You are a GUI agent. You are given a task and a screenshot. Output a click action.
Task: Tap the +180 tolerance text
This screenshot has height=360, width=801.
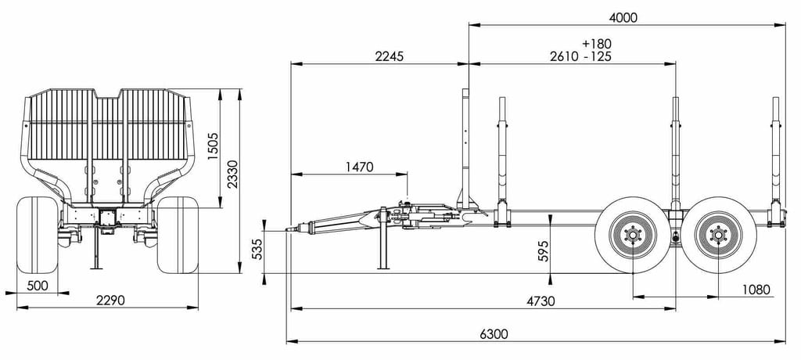(x=597, y=43)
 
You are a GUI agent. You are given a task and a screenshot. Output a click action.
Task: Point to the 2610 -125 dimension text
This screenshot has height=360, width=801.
(x=580, y=56)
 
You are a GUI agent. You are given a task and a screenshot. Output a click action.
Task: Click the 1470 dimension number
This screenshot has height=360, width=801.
(x=358, y=167)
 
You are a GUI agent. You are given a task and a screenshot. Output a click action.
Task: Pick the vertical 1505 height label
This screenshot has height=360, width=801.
(x=213, y=146)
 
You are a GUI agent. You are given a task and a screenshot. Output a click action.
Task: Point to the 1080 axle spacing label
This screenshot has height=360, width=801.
(x=755, y=290)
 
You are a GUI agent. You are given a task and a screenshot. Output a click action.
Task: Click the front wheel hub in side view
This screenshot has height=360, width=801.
(x=632, y=235)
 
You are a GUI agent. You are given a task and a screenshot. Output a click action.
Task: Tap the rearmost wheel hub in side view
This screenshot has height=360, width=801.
(x=718, y=235)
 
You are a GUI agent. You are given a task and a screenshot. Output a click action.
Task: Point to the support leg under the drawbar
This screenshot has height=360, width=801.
(x=383, y=247)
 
